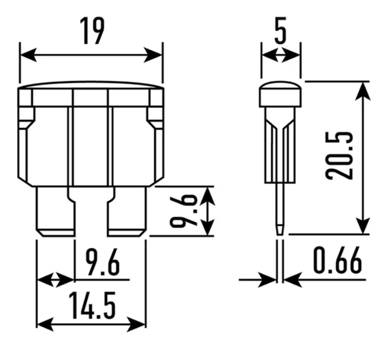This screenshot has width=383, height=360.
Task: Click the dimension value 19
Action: pos(92,31)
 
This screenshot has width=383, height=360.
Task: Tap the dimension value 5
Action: pos(280,30)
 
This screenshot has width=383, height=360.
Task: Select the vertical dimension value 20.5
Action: pos(340,156)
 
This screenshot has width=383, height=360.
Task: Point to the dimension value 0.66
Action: pos(337,260)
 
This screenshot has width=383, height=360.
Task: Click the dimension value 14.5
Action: pos(92,306)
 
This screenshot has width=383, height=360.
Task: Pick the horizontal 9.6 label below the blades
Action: pos(102,262)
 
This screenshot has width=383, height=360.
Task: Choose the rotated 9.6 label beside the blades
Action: pos(184,211)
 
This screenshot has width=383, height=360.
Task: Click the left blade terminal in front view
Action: pos(55,212)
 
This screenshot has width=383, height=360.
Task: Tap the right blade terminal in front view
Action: pos(127,212)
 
